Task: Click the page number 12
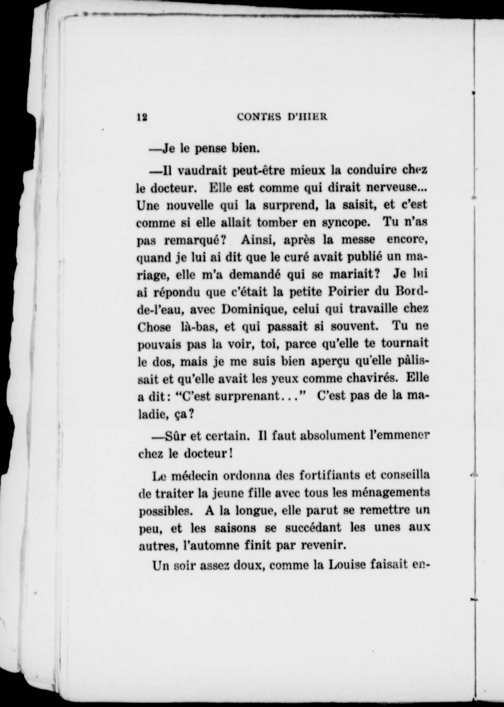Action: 142,117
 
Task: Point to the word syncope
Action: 346,223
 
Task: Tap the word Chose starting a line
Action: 154,327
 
